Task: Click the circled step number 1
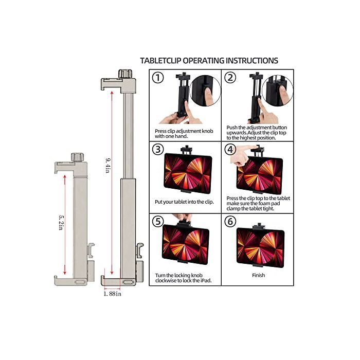coord(158,79)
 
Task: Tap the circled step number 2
coord(230,79)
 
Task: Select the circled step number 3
coord(158,150)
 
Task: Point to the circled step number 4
coord(230,150)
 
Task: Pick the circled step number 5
coord(158,222)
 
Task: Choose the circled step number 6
coord(230,222)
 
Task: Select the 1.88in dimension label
coord(112,294)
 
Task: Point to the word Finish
coord(259,275)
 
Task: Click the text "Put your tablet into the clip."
coord(184,202)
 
